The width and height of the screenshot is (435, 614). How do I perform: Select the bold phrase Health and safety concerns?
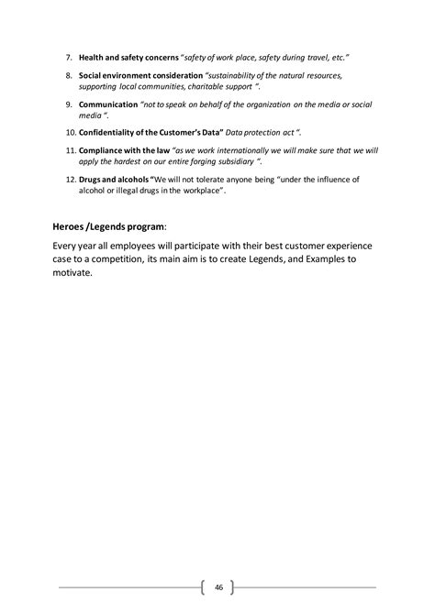128,57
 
